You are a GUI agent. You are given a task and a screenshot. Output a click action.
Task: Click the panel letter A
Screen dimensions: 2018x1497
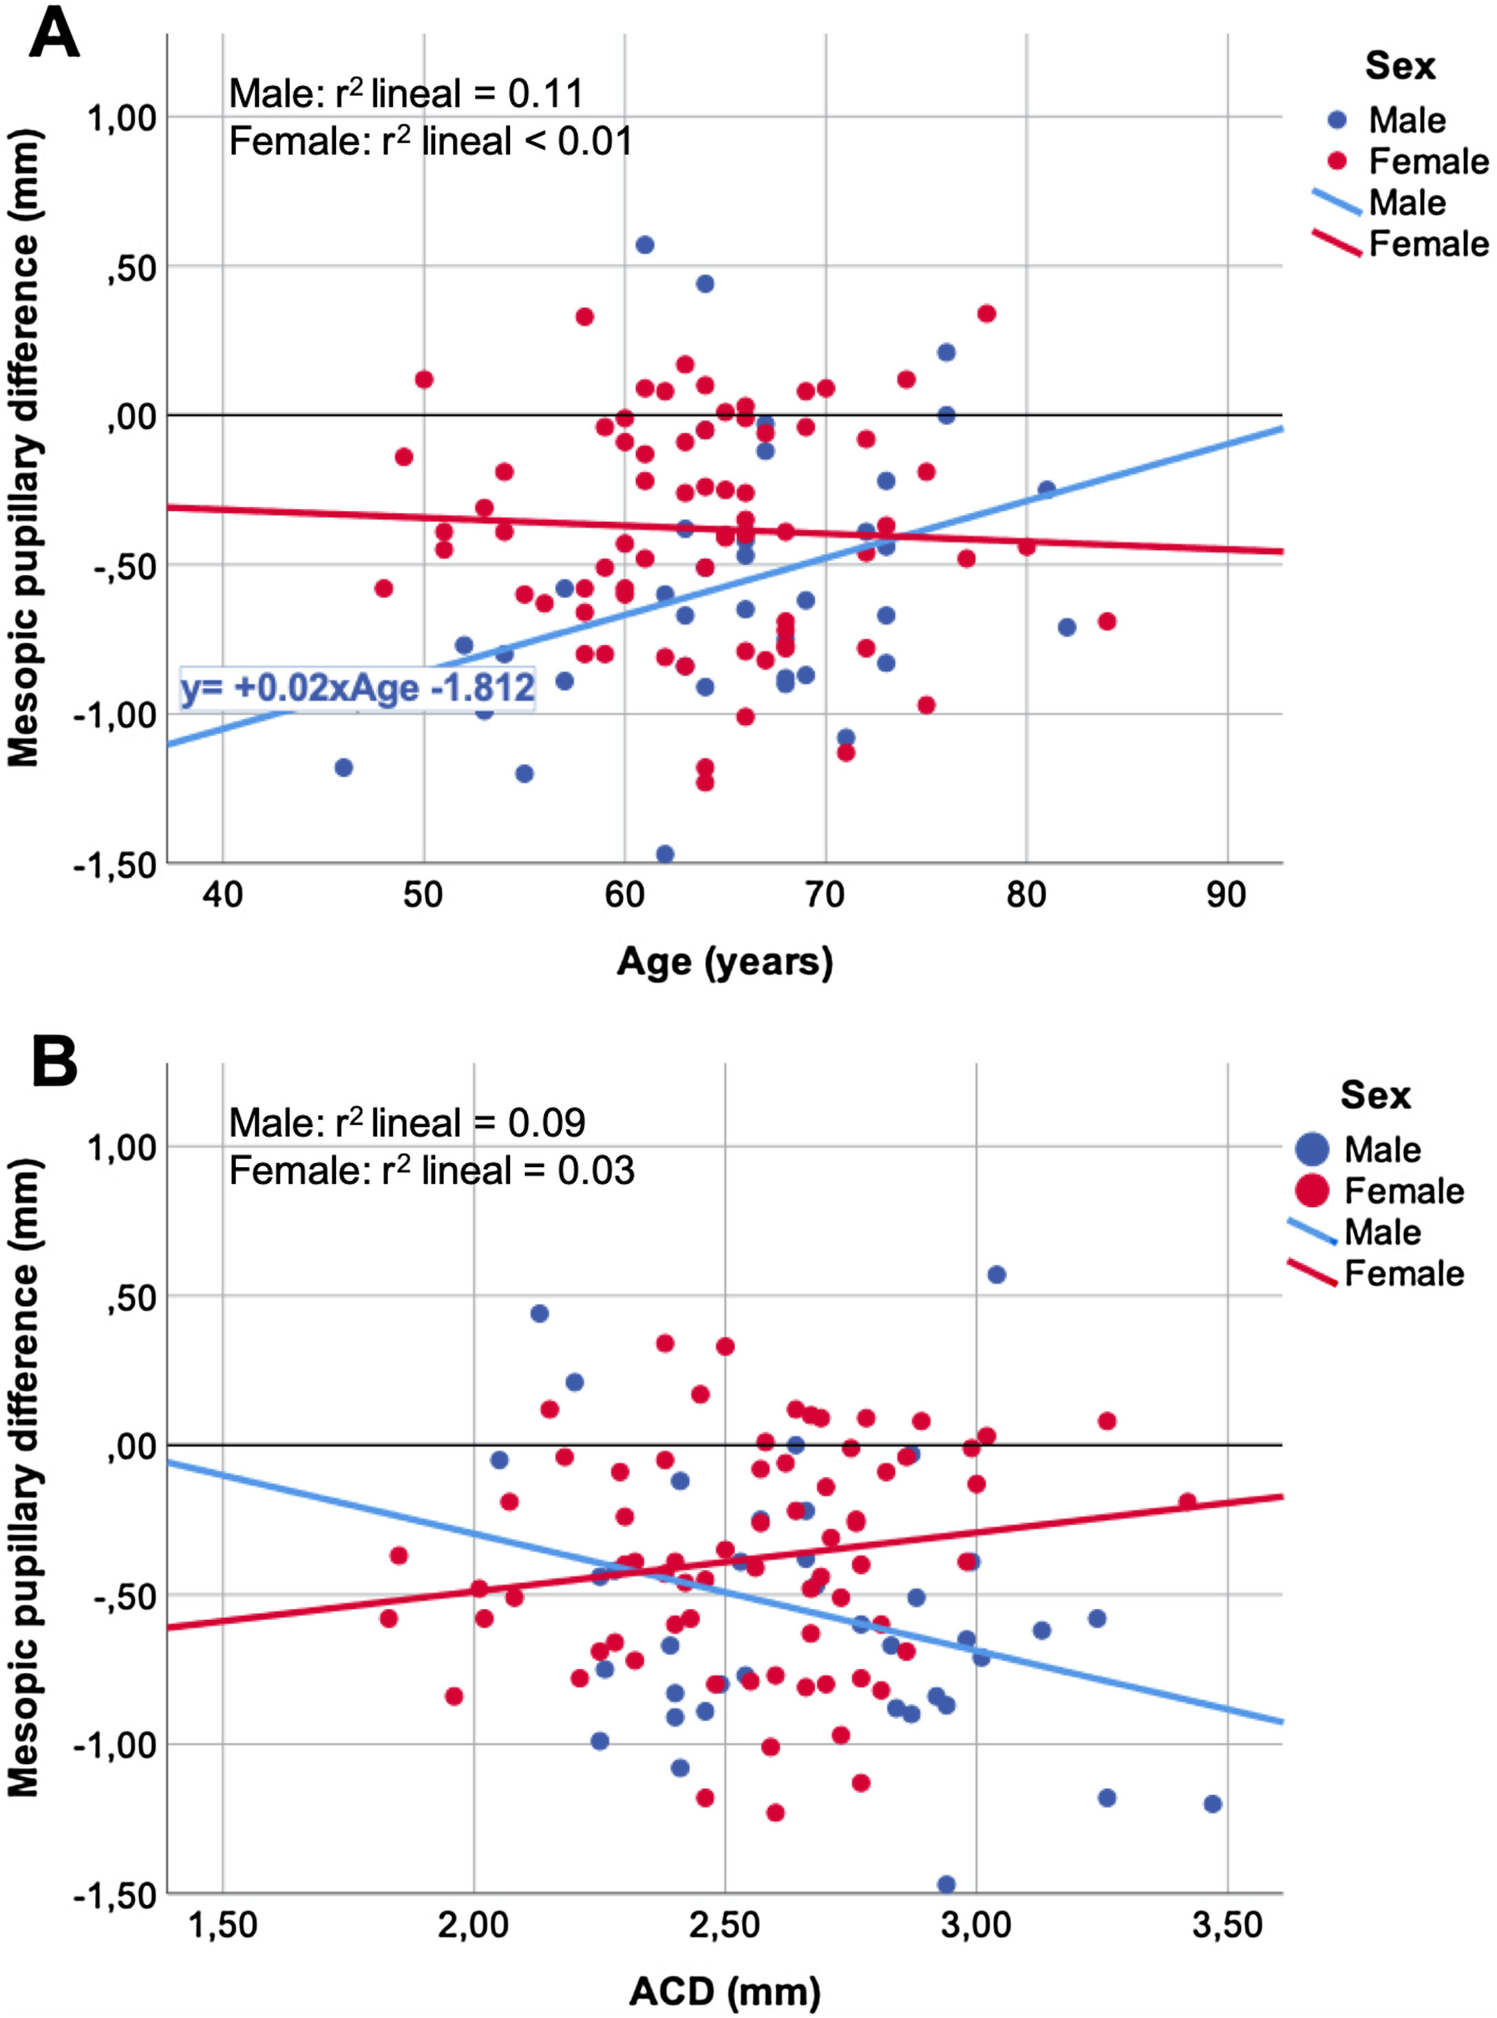click(x=54, y=34)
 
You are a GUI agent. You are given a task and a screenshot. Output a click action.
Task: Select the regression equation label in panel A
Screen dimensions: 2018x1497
click(x=357, y=687)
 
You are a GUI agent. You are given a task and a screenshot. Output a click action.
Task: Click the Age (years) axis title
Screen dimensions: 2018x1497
click(x=724, y=961)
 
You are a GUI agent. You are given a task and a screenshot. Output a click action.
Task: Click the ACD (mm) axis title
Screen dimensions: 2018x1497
click(x=724, y=1992)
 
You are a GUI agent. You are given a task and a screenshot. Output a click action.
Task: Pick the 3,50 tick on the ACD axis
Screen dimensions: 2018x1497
click(x=1227, y=1924)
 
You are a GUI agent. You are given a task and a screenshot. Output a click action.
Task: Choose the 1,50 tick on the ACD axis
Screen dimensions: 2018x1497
click(x=222, y=1924)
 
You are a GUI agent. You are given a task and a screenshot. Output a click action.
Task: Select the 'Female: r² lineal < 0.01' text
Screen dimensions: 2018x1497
click(x=430, y=141)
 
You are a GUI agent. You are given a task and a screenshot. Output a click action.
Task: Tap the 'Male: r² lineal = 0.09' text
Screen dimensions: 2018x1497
click(x=406, y=1123)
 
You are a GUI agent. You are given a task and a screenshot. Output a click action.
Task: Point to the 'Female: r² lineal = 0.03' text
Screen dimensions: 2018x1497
click(x=432, y=1171)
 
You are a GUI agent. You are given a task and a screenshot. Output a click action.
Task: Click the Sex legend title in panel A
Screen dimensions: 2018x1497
click(x=1400, y=66)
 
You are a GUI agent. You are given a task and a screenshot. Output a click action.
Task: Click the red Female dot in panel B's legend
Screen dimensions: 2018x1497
click(x=1311, y=1190)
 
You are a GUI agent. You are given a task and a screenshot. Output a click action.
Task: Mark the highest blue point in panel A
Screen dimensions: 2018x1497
click(x=644, y=245)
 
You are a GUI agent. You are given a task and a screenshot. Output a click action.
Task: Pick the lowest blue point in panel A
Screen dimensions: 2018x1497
click(x=664, y=854)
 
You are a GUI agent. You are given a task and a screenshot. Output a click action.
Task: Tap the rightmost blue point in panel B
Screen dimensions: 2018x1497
click(x=1213, y=1804)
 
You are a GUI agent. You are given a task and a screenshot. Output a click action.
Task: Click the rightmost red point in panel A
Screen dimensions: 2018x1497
click(x=1107, y=621)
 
